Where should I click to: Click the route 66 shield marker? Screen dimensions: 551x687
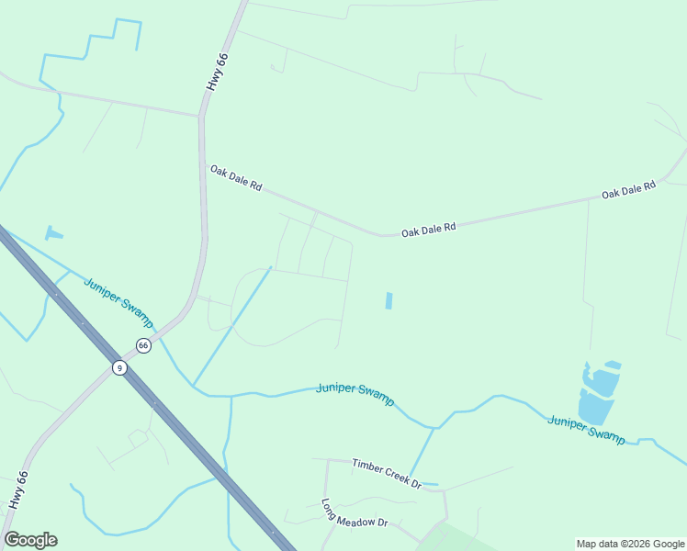pos(143,345)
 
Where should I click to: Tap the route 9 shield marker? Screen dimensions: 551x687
pos(118,367)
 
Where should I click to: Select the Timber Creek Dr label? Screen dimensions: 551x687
pos(386,472)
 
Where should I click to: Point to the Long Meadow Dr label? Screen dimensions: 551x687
pos(355,514)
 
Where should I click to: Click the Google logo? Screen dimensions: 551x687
pos(30,540)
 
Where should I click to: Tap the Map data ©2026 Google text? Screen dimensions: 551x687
pos(631,544)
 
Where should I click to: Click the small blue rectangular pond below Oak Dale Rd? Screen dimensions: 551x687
pos(389,300)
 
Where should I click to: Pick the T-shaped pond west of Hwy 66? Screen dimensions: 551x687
pos(53,233)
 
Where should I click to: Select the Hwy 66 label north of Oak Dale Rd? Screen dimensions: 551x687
pos(217,71)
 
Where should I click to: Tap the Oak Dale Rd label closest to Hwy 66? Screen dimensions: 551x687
pos(236,178)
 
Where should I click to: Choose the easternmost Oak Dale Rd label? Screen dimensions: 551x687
pos(629,190)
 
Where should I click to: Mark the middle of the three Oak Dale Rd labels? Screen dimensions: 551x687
pos(428,230)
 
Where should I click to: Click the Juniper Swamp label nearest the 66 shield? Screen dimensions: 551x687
pos(118,301)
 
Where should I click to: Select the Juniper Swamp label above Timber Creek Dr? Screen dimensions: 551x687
pos(355,394)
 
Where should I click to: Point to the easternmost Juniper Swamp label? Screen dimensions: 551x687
pos(586,429)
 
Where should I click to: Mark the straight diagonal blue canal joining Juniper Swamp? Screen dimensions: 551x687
pos(231,326)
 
